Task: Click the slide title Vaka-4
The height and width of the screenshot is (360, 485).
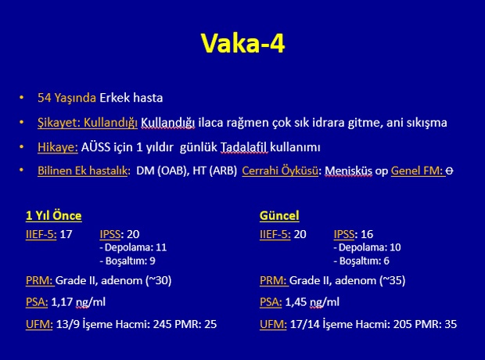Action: pyautogui.click(x=242, y=43)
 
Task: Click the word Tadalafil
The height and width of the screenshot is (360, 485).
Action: pyautogui.click(x=244, y=147)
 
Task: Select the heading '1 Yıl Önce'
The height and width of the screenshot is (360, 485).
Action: pyautogui.click(x=54, y=215)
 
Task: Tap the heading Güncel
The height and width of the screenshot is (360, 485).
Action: pyautogui.click(x=279, y=215)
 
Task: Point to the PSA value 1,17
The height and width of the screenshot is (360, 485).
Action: pyautogui.click(x=61, y=302)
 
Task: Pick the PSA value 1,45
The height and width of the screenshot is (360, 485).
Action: pyautogui.click(x=295, y=302)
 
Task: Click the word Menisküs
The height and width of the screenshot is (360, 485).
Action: pyautogui.click(x=348, y=171)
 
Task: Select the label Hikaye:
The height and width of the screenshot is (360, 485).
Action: pyautogui.click(x=58, y=147)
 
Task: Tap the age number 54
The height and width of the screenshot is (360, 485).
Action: pyautogui.click(x=45, y=98)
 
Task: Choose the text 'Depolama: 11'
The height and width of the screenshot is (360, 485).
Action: pyautogui.click(x=135, y=247)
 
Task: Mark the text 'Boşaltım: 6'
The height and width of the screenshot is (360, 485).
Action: pyautogui.click(x=364, y=261)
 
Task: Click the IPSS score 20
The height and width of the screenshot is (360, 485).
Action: pyautogui.click(x=133, y=234)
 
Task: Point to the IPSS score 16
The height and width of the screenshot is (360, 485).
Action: pyautogui.click(x=367, y=234)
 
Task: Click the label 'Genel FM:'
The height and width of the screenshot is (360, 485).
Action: pyautogui.click(x=418, y=171)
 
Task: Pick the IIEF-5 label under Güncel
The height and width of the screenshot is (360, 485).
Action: pyautogui.click(x=275, y=234)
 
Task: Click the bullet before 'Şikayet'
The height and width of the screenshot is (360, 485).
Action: pyautogui.click(x=21, y=122)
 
